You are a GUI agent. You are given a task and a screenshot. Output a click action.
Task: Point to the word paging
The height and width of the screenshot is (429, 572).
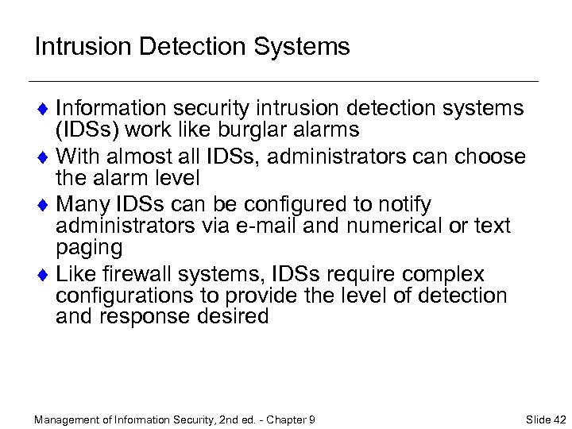(x=89, y=247)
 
